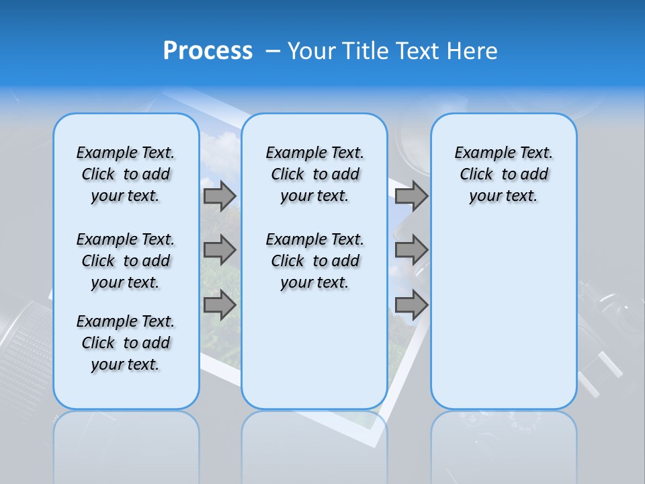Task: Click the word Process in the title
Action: [208, 51]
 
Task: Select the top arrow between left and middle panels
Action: [220, 196]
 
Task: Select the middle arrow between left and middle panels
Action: [220, 250]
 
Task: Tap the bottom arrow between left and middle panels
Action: [220, 305]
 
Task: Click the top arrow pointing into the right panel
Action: [411, 196]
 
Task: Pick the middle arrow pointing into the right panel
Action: [411, 250]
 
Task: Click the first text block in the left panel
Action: [126, 174]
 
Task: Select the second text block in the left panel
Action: [126, 261]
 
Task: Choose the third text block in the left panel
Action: [126, 343]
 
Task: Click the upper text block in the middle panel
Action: [314, 174]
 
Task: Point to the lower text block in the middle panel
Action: [314, 261]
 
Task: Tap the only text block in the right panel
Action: [503, 174]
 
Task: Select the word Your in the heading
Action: [312, 51]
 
